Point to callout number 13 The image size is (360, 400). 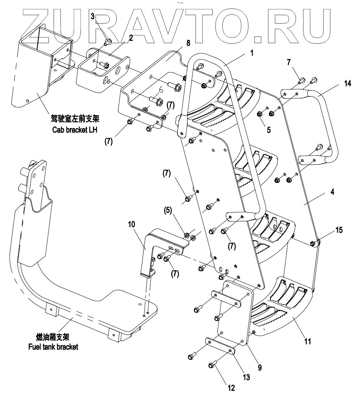(x=246, y=377)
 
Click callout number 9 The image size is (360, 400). (x=260, y=367)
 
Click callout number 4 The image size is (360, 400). (x=332, y=192)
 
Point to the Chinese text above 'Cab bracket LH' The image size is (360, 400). (x=74, y=120)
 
